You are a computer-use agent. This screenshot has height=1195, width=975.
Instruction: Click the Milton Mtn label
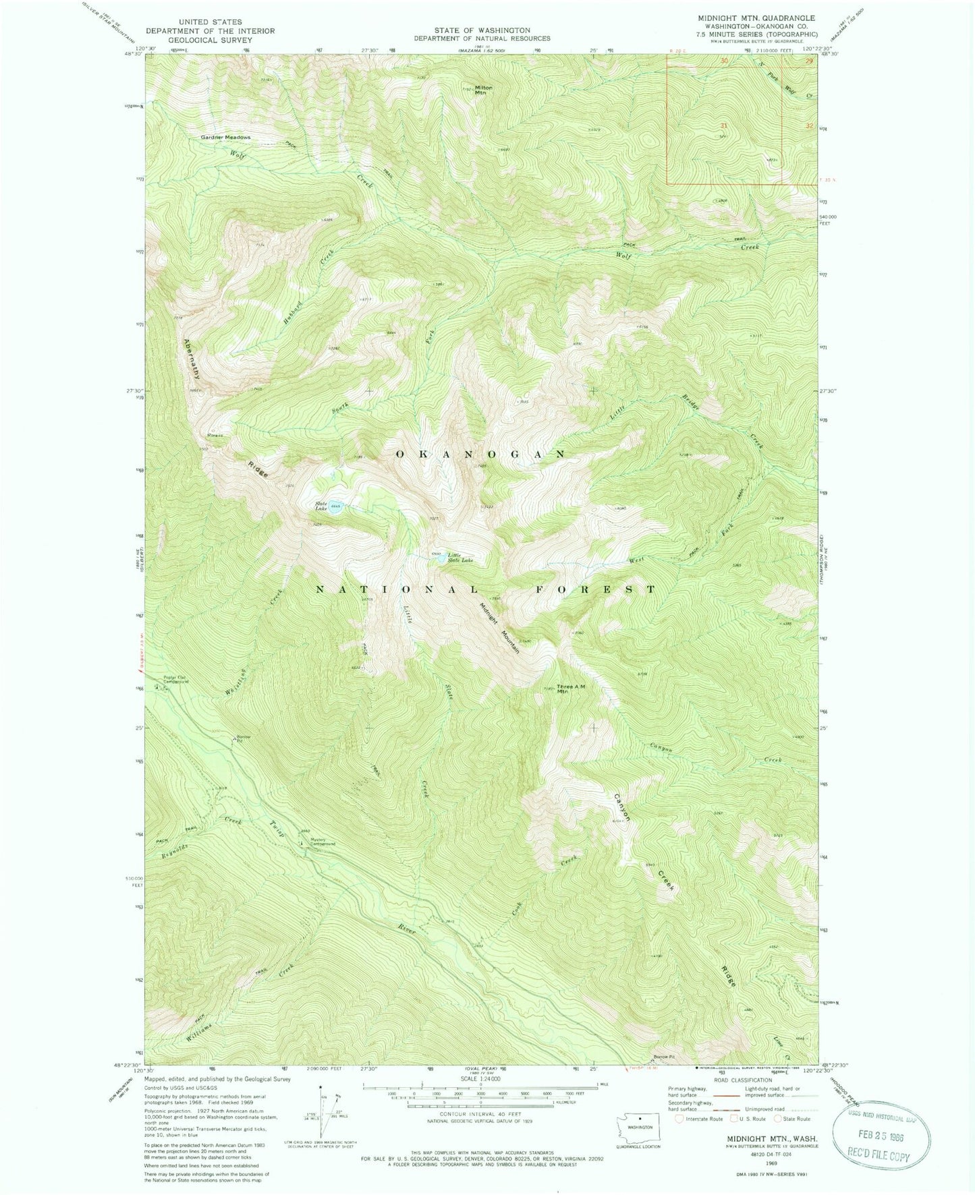[x=484, y=90]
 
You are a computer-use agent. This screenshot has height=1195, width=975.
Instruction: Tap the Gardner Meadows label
[x=225, y=138]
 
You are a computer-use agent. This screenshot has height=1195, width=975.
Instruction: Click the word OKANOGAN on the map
[x=480, y=455]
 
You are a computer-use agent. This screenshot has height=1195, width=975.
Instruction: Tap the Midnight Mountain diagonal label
[x=500, y=626]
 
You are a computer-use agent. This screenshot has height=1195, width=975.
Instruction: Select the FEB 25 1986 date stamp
[x=881, y=1136]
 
